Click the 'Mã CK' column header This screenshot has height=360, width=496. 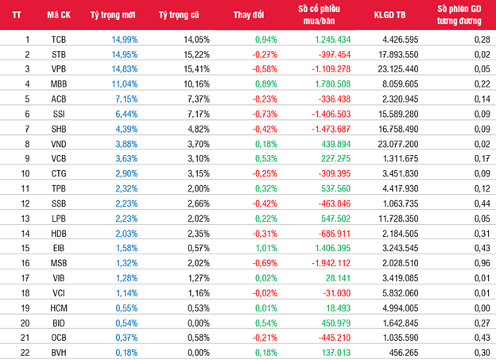[x=59, y=15]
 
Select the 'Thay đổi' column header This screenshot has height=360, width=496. [x=249, y=15]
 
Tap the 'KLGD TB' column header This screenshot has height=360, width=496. [x=389, y=15]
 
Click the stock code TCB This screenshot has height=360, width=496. [x=59, y=40]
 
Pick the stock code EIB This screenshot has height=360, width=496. [x=59, y=248]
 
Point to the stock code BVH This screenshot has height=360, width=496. [x=59, y=353]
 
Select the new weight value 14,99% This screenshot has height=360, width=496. [x=125, y=40]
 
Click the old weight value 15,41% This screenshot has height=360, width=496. [x=197, y=69]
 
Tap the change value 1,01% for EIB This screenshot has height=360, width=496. [x=266, y=248]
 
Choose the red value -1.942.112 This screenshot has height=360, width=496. [x=331, y=263]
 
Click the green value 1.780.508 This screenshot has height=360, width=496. [x=333, y=84]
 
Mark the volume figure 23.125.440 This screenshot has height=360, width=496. [x=398, y=69]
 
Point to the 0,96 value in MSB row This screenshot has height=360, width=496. [x=482, y=263]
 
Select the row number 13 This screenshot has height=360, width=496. [x=25, y=219]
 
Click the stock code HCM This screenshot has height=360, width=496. [x=59, y=308]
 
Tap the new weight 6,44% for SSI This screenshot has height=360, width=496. [x=126, y=114]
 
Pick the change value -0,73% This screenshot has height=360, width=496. [x=265, y=114]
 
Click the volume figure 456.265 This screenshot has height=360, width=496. [x=404, y=353]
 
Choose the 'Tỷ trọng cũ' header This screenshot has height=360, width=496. [x=179, y=15]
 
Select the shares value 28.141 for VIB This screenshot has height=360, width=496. [x=338, y=278]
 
